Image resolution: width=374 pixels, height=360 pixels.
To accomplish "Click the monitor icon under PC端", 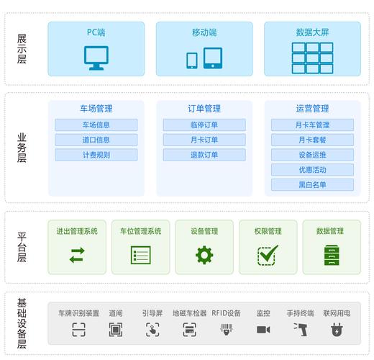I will click(x=96, y=58).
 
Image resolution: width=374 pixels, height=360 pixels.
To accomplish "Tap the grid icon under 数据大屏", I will click(x=311, y=57).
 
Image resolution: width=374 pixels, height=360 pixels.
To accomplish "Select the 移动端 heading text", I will click(x=204, y=32).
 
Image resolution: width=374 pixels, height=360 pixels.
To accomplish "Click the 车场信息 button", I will click(x=96, y=125).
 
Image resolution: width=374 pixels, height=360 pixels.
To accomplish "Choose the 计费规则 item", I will click(x=96, y=155).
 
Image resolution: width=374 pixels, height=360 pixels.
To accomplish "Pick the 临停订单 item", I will click(x=204, y=125).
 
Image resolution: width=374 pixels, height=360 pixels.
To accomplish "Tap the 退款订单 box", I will click(x=204, y=155).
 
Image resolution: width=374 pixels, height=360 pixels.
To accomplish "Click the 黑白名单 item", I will click(x=312, y=184).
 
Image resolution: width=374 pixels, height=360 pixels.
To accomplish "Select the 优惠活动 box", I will click(x=312, y=170).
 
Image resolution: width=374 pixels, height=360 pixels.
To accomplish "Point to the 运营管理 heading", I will click(x=312, y=109).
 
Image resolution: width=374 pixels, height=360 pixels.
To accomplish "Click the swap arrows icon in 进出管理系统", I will click(x=77, y=255).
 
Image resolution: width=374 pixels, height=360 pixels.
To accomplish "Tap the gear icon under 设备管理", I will click(x=204, y=255).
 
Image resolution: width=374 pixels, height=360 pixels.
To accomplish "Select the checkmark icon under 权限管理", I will click(x=268, y=255).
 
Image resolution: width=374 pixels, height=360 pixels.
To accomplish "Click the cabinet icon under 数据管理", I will click(x=330, y=255).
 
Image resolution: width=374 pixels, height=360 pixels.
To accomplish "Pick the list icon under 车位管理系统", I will click(x=140, y=255).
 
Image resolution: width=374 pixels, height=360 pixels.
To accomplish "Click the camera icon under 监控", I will click(x=263, y=330).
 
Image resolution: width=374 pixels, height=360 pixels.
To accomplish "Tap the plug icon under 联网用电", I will click(x=336, y=330).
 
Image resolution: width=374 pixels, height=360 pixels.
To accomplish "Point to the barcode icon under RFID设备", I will click(x=226, y=330).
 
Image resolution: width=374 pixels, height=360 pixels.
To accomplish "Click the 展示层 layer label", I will click(x=22, y=49).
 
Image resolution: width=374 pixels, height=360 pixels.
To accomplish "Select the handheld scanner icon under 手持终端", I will click(x=300, y=330).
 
